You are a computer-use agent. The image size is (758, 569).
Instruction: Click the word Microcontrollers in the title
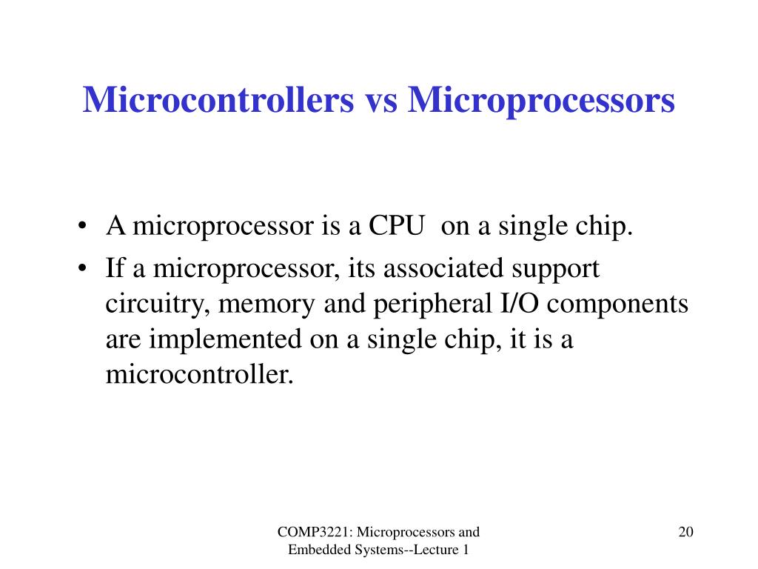(218, 100)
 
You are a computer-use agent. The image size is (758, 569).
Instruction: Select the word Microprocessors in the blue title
(542, 100)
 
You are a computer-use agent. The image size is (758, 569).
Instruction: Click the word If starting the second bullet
(115, 267)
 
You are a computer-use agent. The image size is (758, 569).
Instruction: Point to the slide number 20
(685, 532)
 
